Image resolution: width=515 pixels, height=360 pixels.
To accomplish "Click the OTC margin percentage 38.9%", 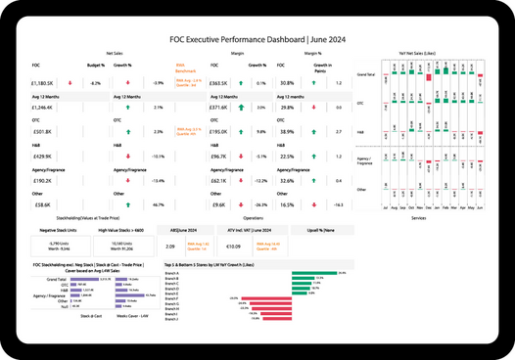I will [x=287, y=132].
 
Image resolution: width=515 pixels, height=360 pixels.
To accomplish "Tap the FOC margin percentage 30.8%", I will [x=287, y=83].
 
